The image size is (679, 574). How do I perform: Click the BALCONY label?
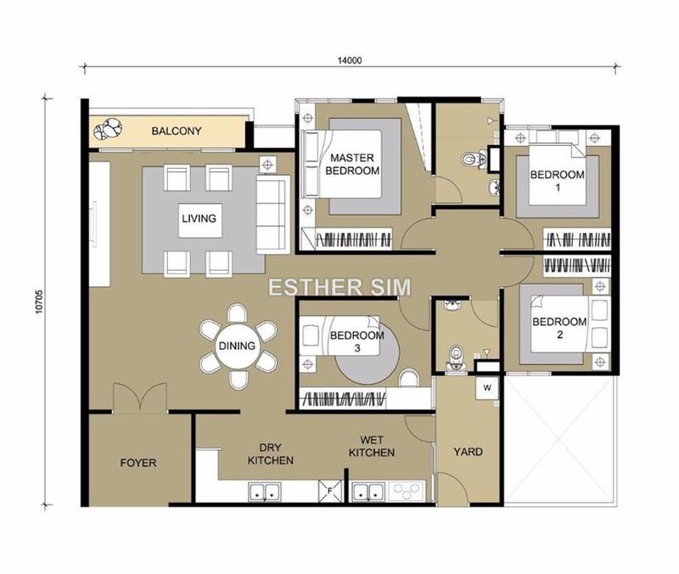click(x=176, y=131)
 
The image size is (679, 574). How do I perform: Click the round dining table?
click(x=238, y=346)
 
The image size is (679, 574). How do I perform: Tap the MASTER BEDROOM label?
click(x=353, y=164)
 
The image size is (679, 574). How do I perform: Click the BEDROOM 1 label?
click(x=558, y=181)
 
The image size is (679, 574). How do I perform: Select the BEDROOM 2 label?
click(x=559, y=329)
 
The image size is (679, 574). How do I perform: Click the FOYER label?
click(x=138, y=464)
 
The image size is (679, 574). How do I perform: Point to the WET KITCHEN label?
click(x=371, y=447)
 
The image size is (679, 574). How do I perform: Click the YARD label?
click(x=468, y=452)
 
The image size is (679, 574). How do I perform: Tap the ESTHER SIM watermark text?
click(x=339, y=286)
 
